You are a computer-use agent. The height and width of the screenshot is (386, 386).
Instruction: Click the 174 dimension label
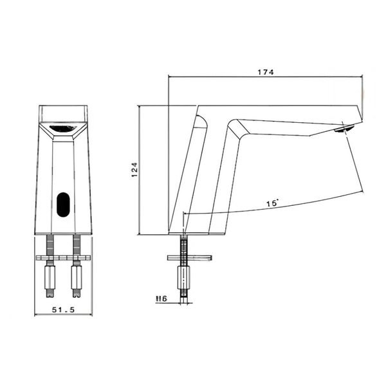pyautogui.click(x=266, y=72)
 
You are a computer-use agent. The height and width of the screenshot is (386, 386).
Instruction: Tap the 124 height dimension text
pyautogui.click(x=134, y=170)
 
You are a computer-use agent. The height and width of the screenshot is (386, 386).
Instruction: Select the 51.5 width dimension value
pyautogui.click(x=63, y=309)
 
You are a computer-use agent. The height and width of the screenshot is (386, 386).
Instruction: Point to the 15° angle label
pyautogui.click(x=272, y=203)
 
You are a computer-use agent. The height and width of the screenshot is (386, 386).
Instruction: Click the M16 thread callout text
pyautogui.click(x=161, y=299)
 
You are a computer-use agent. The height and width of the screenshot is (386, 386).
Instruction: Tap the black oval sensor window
pyautogui.click(x=63, y=205)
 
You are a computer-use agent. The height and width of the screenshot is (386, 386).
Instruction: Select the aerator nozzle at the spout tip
pyautogui.click(x=343, y=129)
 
